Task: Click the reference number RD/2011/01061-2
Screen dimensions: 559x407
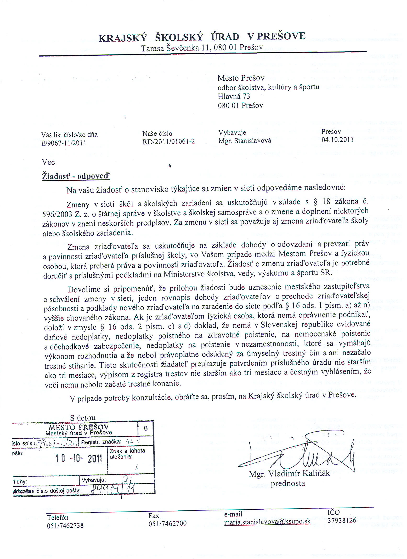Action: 168,142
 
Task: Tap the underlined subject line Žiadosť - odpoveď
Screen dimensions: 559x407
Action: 76,176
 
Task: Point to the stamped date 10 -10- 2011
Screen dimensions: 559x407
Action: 78,458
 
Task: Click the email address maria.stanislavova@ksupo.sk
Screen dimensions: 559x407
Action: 268,522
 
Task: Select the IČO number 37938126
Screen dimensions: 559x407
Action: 342,520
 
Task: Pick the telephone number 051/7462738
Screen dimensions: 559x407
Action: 65,525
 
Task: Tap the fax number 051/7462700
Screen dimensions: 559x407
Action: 167,523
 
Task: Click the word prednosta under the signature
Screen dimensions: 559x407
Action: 288,484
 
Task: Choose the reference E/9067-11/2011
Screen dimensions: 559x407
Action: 64,143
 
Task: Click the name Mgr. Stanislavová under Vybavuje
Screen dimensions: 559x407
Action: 245,141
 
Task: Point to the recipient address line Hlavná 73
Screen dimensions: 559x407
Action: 234,96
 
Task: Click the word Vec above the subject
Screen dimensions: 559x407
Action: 48,162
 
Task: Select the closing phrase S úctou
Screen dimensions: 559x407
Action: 83,418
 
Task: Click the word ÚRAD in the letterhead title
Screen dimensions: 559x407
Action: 225,37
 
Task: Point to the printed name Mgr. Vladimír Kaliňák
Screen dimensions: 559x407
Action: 289,473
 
